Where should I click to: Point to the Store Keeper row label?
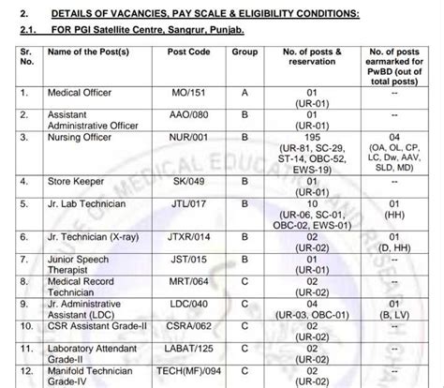[78, 182]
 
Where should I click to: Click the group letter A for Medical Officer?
[246, 94]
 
